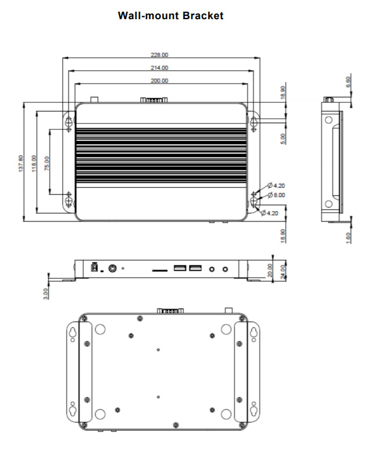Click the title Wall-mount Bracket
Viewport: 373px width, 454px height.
(x=170, y=16)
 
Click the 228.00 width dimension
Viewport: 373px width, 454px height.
(x=159, y=55)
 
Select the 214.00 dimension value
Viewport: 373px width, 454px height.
(x=159, y=68)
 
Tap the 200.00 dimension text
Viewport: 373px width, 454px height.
(x=159, y=81)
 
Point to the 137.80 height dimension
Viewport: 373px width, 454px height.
(x=20, y=163)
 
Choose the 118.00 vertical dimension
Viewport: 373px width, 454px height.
(x=34, y=163)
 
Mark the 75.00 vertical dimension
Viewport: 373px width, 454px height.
(x=47, y=163)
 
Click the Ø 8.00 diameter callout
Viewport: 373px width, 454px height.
(x=276, y=195)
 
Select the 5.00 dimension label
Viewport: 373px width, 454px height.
(x=283, y=139)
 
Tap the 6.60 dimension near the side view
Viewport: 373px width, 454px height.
(x=348, y=82)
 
